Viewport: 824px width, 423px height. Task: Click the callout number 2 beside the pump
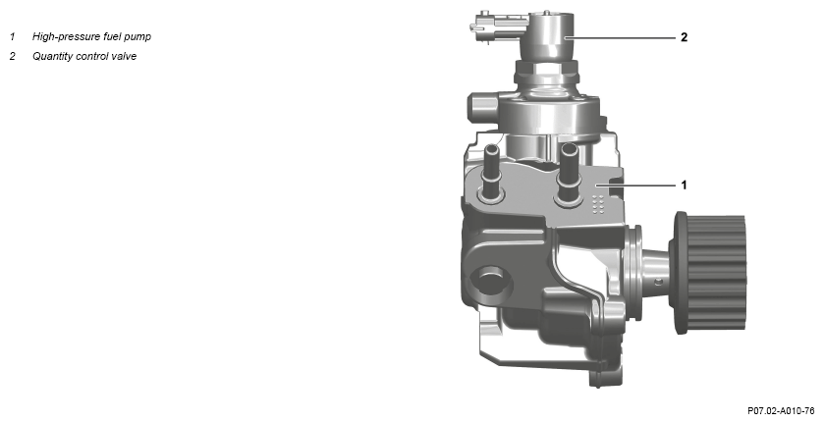coord(684,37)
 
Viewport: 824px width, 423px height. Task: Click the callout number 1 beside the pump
coord(684,185)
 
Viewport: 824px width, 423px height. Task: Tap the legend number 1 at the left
coord(12,36)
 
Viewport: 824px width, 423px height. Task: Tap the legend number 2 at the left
coord(13,56)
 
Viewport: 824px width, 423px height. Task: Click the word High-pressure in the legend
coord(63,36)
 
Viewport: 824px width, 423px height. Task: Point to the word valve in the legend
coord(124,56)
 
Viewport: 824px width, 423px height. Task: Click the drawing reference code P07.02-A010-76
coord(781,410)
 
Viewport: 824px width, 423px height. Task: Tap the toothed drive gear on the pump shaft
coord(709,272)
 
